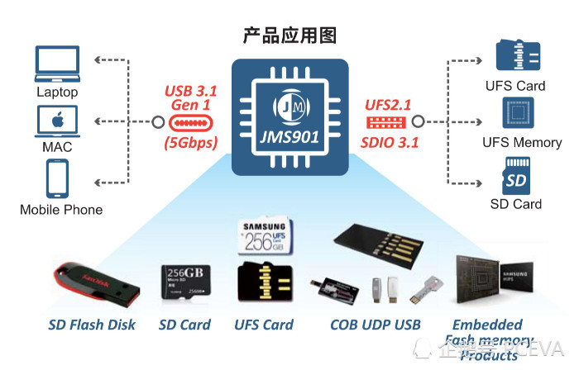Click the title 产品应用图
click(x=289, y=36)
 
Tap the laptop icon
click(x=57, y=64)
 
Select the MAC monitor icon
click(x=57, y=121)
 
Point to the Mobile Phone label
click(x=61, y=210)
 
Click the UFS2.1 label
click(x=388, y=106)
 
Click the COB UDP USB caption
click(x=376, y=325)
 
